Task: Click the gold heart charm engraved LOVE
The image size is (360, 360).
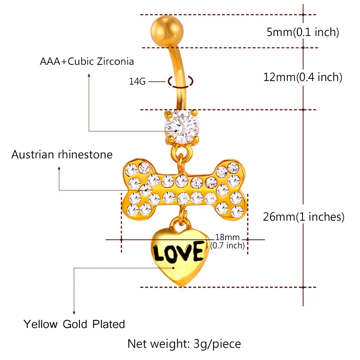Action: pyautogui.click(x=177, y=256)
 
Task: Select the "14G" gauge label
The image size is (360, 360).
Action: pyautogui.click(x=137, y=82)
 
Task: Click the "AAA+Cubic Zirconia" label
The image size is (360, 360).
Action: pyautogui.click(x=87, y=61)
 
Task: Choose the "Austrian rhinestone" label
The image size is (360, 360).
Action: pyautogui.click(x=62, y=155)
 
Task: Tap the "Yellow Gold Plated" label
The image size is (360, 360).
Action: pyautogui.click(x=74, y=324)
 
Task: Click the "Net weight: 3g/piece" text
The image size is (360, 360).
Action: pyautogui.click(x=184, y=343)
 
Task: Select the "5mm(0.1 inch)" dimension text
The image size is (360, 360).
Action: pyautogui.click(x=303, y=32)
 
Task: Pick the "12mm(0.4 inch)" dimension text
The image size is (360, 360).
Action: pyautogui.click(x=302, y=77)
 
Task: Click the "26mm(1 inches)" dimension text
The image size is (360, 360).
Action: pyautogui.click(x=303, y=217)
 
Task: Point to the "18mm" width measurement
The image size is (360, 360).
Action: pyautogui.click(x=227, y=237)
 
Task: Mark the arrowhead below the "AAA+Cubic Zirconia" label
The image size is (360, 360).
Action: pyautogui.click(x=89, y=76)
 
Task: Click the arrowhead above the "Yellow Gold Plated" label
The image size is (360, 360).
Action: pyautogui.click(x=74, y=313)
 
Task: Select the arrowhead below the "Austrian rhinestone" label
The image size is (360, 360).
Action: pyautogui.click(x=59, y=168)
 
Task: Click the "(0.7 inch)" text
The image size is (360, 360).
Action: pyautogui.click(x=228, y=246)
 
